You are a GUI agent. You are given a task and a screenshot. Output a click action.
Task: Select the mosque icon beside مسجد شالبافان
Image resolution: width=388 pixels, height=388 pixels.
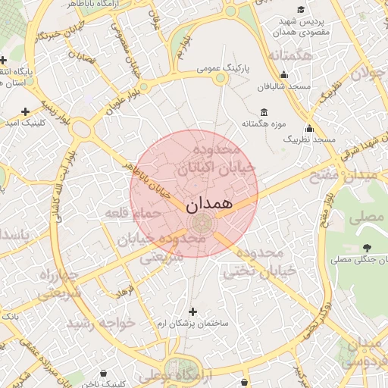[x=283, y=74]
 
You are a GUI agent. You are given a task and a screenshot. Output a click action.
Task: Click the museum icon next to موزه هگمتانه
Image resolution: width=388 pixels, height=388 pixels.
[x=263, y=111]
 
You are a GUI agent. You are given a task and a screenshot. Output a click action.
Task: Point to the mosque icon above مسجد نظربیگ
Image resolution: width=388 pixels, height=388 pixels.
[x=309, y=128]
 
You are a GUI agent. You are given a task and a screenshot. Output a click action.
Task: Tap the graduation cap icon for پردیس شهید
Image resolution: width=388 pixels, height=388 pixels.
[x=301, y=10]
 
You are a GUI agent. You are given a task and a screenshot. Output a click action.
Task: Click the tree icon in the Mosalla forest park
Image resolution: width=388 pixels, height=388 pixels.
[x=368, y=248]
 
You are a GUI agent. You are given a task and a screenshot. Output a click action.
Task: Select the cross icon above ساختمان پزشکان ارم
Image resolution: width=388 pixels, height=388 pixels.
[x=192, y=311]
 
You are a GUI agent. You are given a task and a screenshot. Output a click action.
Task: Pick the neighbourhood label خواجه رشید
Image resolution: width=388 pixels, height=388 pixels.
[x=101, y=323]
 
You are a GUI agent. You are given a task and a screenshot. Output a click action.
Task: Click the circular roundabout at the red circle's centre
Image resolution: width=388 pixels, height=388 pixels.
[x=202, y=224]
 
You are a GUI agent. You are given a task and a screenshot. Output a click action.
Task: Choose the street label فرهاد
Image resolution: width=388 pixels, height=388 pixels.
[x=124, y=290]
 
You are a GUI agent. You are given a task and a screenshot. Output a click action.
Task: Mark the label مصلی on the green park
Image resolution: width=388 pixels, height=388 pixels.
[x=366, y=217]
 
